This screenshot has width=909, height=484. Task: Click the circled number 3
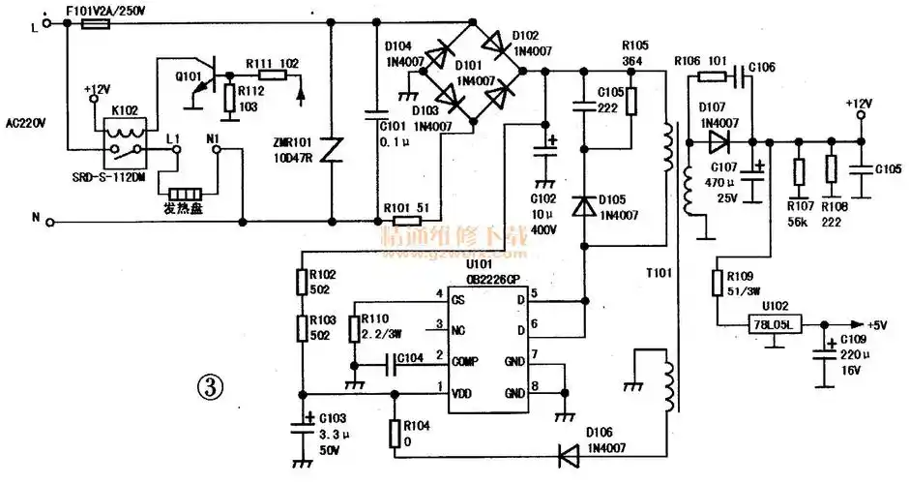tap(210, 387)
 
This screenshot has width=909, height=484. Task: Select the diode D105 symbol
tap(584, 205)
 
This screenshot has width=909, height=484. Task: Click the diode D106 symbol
tap(566, 450)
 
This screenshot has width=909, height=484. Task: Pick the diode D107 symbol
tap(717, 143)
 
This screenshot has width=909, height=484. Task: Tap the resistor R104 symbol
tap(394, 434)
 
